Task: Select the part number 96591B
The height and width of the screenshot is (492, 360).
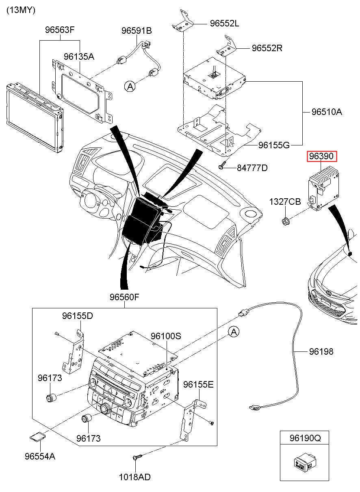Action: (x=137, y=30)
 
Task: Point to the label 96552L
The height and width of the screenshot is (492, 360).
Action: (x=224, y=24)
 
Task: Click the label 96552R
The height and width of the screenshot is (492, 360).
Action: (x=267, y=48)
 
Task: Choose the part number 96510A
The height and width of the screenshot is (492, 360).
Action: (x=327, y=112)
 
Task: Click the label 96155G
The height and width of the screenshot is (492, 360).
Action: (x=274, y=145)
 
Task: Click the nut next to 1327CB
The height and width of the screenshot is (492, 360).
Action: (x=285, y=221)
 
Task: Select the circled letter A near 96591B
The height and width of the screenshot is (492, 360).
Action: (x=130, y=86)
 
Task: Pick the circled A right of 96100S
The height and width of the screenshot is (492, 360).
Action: (x=233, y=332)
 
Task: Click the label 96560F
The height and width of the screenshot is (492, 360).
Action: (x=124, y=297)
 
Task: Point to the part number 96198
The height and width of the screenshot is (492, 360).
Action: (x=321, y=351)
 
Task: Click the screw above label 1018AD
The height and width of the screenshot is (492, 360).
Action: (x=137, y=458)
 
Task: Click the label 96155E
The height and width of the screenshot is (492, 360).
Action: (x=198, y=384)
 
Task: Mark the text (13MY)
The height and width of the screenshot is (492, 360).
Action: (x=21, y=10)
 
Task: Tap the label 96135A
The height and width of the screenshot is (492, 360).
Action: (x=79, y=56)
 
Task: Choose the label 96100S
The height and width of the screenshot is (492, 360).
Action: (x=166, y=336)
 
